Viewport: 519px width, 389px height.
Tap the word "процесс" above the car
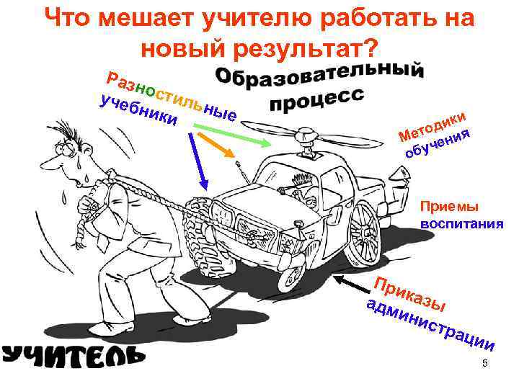318,102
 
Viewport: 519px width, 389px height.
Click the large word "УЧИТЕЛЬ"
72,354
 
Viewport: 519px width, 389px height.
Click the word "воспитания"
461,223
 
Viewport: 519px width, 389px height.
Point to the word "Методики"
433,124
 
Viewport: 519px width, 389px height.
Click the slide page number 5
485,364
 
